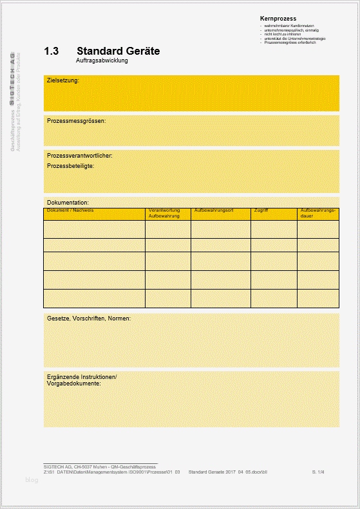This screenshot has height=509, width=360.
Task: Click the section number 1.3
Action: coord(51,51)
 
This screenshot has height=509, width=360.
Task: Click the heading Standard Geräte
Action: coord(118,51)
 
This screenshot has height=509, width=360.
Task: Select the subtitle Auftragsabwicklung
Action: coord(102,60)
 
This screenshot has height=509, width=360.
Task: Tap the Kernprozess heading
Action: coord(278,19)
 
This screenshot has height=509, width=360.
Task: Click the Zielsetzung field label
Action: coord(63,81)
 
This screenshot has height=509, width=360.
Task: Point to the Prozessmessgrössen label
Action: coord(76,120)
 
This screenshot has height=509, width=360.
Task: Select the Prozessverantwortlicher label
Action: coord(80,156)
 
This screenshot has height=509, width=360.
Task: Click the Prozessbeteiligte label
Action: coord(71,166)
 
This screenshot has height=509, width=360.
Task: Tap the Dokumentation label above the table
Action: coord(68,203)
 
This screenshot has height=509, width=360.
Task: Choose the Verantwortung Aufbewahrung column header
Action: coord(164,213)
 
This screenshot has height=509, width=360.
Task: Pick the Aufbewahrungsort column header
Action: coord(213,210)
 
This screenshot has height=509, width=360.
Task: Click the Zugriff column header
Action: coord(261,210)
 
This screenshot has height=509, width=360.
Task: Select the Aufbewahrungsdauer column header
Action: coord(318,213)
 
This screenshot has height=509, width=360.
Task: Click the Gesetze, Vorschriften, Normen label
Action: coord(89,319)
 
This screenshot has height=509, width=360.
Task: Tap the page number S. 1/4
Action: coord(318,472)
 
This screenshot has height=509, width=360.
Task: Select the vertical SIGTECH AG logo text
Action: coord(13,79)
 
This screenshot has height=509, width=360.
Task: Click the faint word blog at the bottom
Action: coord(32,480)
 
